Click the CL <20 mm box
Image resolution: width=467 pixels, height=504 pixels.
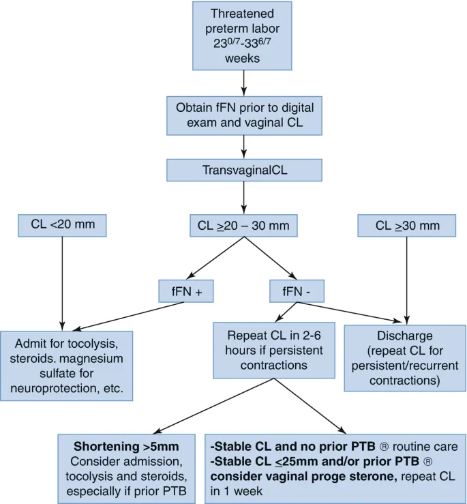coord(63,224)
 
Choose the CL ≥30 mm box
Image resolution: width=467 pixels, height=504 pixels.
coord(408,224)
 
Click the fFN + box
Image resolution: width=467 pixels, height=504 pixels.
coord(186,291)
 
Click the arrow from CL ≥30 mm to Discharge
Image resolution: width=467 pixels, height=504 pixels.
coord(408,276)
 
